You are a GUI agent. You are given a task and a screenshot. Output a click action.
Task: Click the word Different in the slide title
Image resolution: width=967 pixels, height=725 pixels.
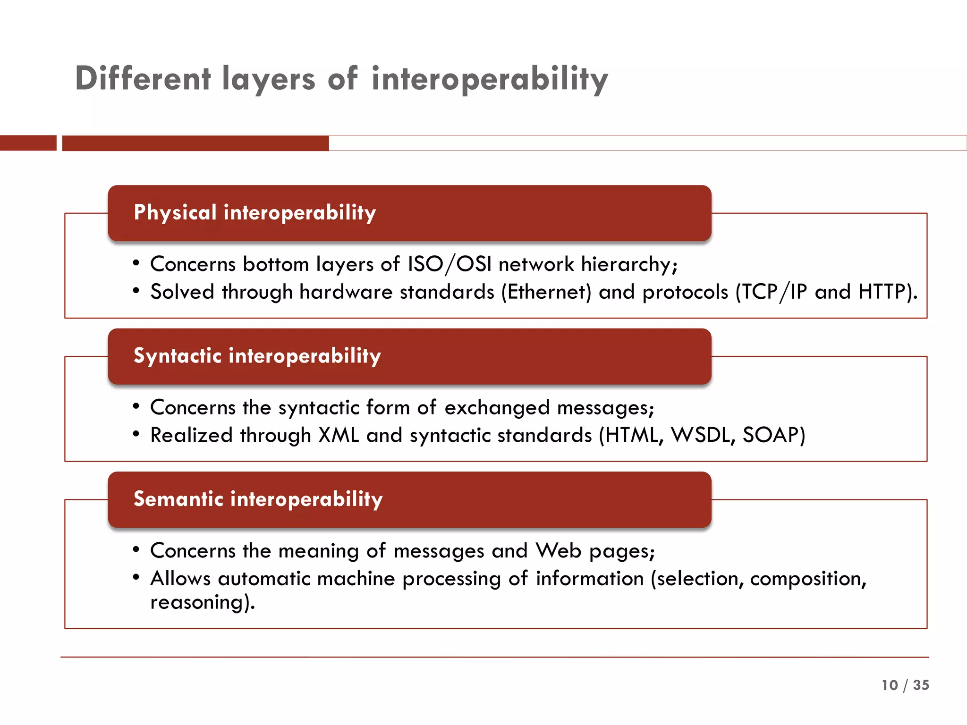point(143,78)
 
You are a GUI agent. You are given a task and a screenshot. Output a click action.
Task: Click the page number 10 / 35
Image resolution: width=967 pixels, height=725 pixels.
point(905,685)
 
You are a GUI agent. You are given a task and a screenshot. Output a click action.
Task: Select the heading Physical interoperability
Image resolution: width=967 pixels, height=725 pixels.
point(254,212)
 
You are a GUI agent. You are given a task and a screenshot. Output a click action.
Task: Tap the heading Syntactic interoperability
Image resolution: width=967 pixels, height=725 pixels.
point(257,355)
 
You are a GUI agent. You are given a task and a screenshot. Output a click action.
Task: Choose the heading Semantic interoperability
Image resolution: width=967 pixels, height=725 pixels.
point(258,499)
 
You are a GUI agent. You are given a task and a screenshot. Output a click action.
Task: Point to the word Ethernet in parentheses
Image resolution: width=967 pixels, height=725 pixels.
point(546,292)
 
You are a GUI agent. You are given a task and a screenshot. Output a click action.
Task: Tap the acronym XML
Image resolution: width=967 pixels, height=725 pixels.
point(338,435)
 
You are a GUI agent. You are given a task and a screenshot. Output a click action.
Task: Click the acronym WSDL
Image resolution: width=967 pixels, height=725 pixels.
point(700,435)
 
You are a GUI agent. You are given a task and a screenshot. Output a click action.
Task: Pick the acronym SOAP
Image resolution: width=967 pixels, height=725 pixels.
point(770,435)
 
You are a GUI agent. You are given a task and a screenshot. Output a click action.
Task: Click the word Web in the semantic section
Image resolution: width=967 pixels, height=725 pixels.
point(558,550)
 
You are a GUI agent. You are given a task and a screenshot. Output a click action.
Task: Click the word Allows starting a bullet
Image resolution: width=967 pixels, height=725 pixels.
point(180,578)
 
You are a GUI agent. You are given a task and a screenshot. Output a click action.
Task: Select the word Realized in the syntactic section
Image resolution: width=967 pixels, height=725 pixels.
point(191,435)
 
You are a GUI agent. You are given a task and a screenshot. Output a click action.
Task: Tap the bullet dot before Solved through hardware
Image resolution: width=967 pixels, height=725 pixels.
point(136,291)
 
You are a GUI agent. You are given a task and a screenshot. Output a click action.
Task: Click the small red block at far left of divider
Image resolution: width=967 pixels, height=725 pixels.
point(28,143)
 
